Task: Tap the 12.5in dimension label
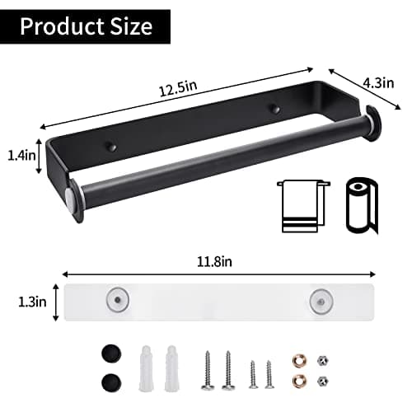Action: (x=178, y=88)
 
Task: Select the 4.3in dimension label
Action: (x=378, y=82)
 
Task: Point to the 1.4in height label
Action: (x=21, y=156)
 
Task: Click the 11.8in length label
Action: (x=214, y=261)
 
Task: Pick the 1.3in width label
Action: (x=32, y=302)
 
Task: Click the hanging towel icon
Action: (x=303, y=206)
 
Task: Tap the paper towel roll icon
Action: (x=362, y=205)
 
